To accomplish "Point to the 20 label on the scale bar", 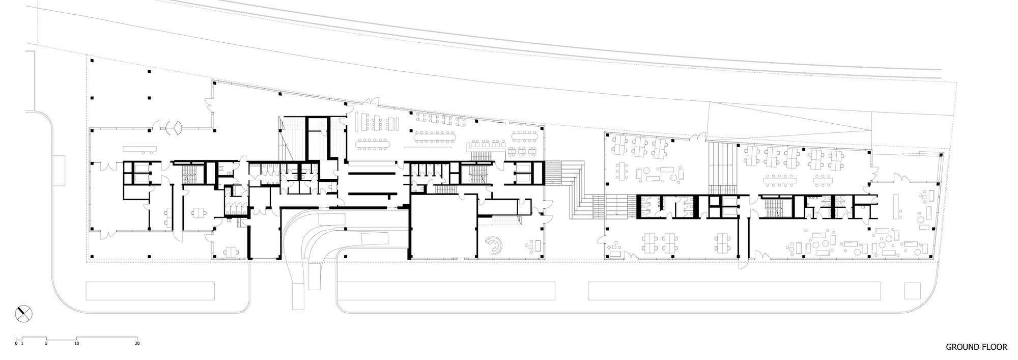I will pyautogui.click(x=137, y=344).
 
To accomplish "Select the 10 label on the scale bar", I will pyautogui.click(x=77, y=344).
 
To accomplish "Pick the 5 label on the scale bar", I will pyautogui.click(x=46, y=344).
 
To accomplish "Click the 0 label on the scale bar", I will pyautogui.click(x=16, y=344).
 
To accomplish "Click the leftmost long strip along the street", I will pyautogui.click(x=150, y=291).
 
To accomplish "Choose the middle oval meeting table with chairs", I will pyautogui.click(x=434, y=136).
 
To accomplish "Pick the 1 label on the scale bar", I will pyautogui.click(x=22, y=344).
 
